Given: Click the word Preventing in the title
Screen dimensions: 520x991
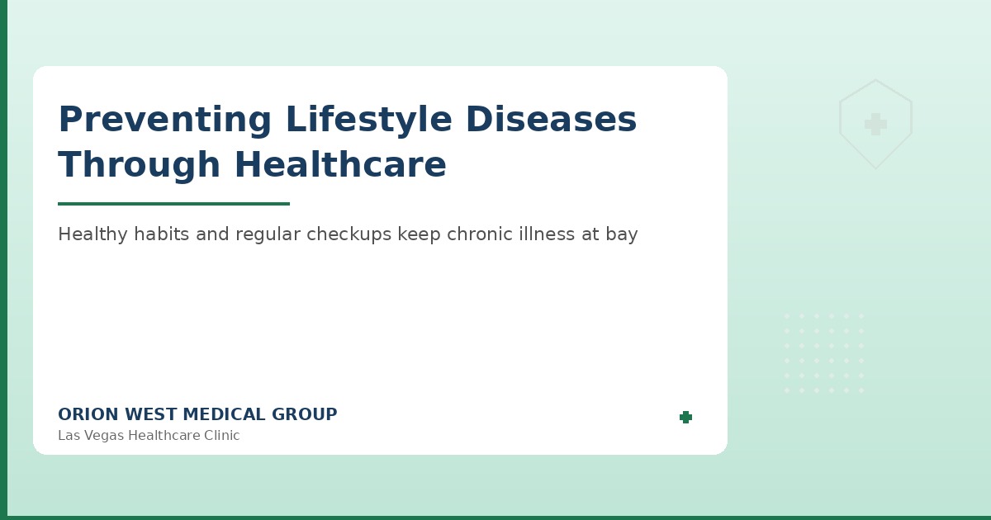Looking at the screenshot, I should point(164,121).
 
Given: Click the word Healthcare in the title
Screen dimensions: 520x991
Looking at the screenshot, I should point(340,165).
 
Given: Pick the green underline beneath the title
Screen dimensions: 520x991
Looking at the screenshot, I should point(173,204).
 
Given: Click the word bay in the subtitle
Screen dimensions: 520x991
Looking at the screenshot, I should point(622,234).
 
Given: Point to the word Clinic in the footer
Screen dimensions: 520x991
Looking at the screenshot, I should point(220,436).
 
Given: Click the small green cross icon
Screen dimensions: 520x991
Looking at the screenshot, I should point(685,418).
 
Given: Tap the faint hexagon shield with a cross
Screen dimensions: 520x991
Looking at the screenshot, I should point(875,125).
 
